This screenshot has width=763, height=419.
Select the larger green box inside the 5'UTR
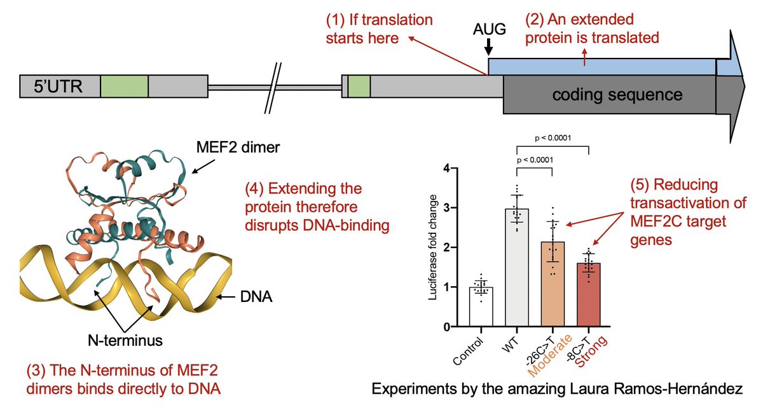[x=125, y=86]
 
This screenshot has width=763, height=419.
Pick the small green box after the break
[x=359, y=86]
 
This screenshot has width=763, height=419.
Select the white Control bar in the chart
[x=481, y=306]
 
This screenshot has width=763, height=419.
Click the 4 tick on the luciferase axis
[x=447, y=168]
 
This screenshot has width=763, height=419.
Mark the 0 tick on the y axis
[x=447, y=327]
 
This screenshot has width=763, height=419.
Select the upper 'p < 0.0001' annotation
[x=553, y=136]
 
